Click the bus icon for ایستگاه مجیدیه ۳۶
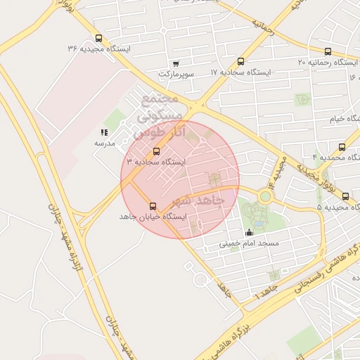98,39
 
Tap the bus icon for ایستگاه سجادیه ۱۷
241,62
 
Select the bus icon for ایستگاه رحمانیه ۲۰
328,51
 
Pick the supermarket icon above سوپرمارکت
175,63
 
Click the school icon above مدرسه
104,132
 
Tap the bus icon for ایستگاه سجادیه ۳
156,151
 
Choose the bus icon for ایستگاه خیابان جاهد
153,206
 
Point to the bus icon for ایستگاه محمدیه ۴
342,147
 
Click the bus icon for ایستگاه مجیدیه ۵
345,196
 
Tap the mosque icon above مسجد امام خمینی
249,233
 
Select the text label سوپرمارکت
175,73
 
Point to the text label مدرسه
104,143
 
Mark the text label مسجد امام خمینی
249,243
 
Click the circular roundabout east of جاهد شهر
265,197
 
